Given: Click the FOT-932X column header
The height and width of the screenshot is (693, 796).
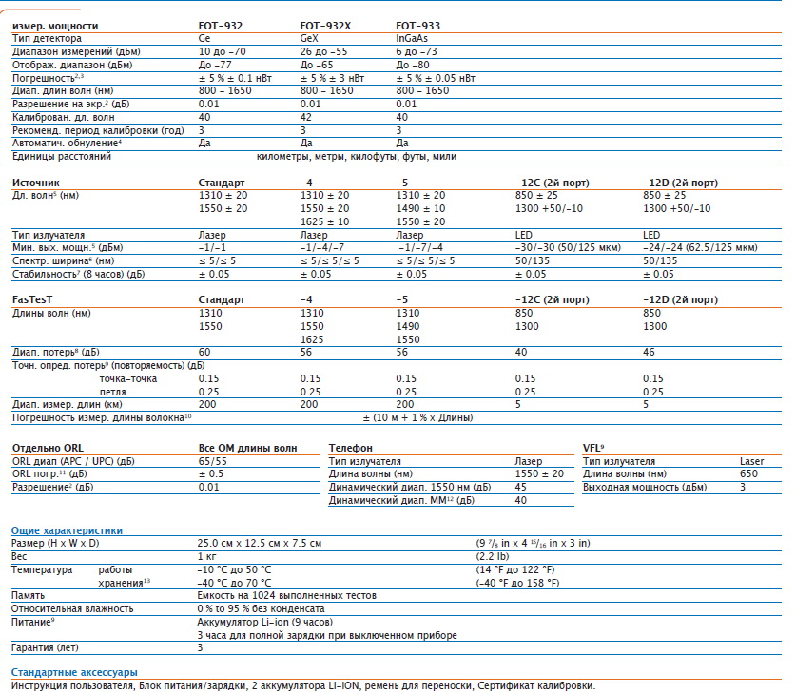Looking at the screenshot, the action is [325, 26].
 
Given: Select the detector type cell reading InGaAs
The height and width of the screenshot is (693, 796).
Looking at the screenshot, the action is [412, 39].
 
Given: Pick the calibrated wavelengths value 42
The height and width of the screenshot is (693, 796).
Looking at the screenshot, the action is [305, 117].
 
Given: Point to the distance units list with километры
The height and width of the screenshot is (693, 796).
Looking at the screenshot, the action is [357, 156].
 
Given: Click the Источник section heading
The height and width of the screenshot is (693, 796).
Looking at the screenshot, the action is [35, 183].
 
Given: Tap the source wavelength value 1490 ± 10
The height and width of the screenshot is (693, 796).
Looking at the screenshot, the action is [421, 208].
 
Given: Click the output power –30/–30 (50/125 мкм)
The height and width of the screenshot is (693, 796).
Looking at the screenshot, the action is [568, 247].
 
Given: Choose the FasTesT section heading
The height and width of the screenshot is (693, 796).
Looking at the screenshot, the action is [32, 299].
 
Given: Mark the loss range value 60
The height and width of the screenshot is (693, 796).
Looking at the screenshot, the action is [204, 352].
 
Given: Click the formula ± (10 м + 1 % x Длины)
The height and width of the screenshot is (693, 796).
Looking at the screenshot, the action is [417, 417].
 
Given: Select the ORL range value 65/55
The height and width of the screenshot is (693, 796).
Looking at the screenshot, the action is [213, 461].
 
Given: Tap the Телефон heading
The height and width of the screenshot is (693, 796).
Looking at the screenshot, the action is [350, 448].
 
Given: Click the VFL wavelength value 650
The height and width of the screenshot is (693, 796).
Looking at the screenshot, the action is [748, 473].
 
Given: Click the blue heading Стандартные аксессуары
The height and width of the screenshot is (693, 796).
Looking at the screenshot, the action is [74, 672].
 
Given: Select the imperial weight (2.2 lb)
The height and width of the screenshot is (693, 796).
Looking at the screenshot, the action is [493, 556].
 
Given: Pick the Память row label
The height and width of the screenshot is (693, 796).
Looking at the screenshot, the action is [28, 596].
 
